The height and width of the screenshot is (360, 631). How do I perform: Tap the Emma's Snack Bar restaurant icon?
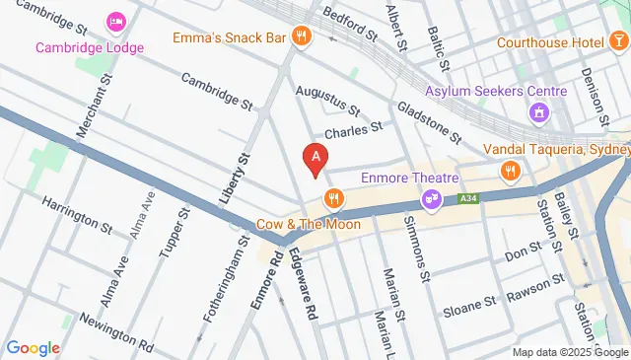coord(302,37)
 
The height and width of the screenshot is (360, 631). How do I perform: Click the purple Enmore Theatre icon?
coord(431,200)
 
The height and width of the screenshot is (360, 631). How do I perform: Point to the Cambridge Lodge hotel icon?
coord(116,22)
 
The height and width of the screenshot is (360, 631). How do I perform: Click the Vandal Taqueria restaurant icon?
coord(510,173)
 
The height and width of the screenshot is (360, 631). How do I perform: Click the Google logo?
coord(34,347)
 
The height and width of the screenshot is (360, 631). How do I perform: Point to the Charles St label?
coord(352,129)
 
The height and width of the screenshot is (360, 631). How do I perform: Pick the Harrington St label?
coord(76,214)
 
